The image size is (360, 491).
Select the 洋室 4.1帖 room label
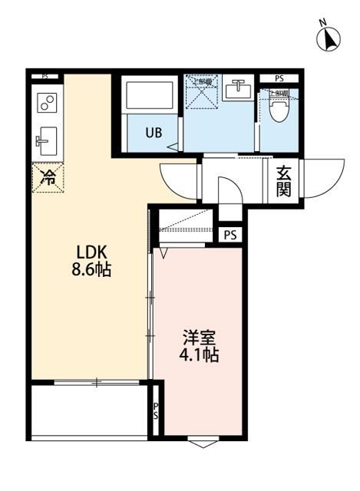point(200,346)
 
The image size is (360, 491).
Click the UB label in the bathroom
point(154,132)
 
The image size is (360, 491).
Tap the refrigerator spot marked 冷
point(48,178)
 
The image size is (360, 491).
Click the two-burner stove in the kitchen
point(48,102)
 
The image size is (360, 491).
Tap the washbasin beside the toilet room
point(239,91)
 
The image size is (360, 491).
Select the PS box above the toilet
point(279,77)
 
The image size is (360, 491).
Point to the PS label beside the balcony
point(156,413)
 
